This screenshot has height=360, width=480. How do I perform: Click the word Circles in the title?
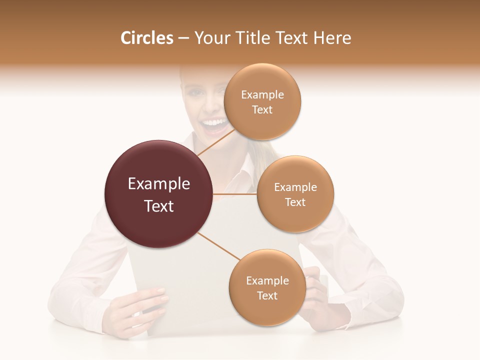click(x=146, y=38)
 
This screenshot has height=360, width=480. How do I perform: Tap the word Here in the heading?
click(x=332, y=38)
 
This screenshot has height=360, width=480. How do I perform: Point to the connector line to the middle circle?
click(x=235, y=194)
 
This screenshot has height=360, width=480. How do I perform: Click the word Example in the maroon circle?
click(x=158, y=184)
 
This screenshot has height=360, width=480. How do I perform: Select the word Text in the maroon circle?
click(x=158, y=206)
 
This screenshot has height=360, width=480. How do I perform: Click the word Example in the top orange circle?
click(x=262, y=95)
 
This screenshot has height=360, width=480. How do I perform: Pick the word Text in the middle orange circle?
click(x=295, y=202)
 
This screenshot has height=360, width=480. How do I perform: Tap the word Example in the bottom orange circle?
click(x=267, y=280)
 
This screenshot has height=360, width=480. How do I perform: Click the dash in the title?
click(x=183, y=38)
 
